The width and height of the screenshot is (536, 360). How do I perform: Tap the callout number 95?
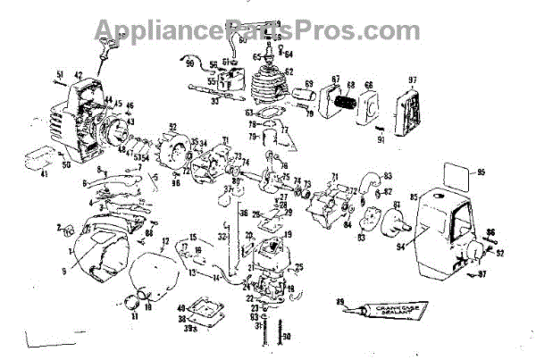481,172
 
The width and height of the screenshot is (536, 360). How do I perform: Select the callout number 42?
79,76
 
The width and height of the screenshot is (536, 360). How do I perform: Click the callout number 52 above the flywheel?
173,127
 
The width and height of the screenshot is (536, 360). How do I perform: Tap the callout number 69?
310,85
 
